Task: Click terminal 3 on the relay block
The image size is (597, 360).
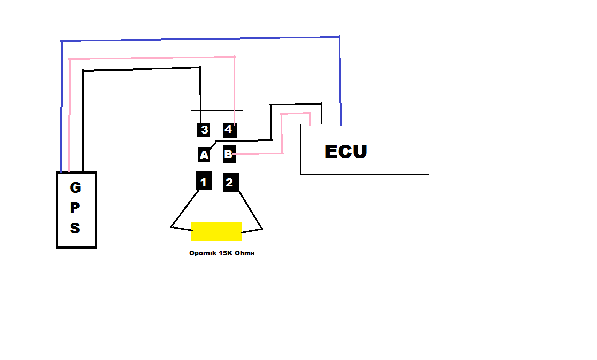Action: click(204, 129)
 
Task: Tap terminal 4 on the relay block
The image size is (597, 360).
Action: click(229, 129)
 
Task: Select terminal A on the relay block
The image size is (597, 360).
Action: click(204, 155)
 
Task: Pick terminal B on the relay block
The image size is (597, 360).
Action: click(229, 154)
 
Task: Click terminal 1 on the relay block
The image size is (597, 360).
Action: click(204, 182)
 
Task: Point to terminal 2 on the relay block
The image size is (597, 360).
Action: click(230, 182)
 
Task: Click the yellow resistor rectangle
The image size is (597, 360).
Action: click(216, 231)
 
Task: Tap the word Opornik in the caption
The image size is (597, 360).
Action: click(203, 253)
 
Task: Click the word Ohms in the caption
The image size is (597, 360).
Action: click(244, 253)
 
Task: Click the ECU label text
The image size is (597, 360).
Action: click(346, 152)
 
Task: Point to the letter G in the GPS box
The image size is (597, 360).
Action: click(75, 188)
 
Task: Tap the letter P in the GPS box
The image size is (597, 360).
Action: click(75, 208)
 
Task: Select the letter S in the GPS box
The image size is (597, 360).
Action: click(75, 229)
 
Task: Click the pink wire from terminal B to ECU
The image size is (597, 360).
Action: click(282, 134)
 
